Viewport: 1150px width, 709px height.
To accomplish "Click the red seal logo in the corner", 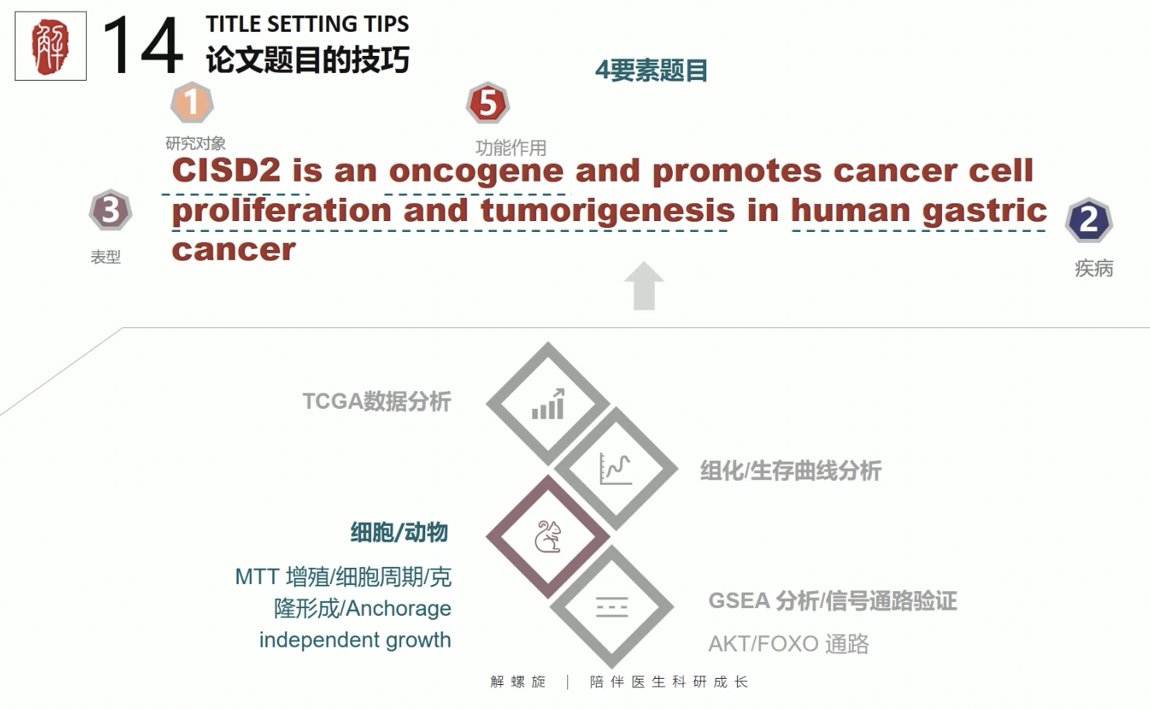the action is [50, 47].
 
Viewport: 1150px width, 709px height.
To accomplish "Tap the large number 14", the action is [142, 46].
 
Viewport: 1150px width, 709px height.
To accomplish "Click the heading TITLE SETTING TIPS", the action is [307, 24].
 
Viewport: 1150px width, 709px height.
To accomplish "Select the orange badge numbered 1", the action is [192, 102].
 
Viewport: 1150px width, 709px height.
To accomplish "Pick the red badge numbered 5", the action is [487, 102].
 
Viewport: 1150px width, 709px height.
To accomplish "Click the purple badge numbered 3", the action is [110, 210].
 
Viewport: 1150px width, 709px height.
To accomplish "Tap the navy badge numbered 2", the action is [1089, 220].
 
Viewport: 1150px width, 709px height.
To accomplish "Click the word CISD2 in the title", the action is [227, 170].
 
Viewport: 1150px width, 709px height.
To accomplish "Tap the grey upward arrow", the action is [644, 286].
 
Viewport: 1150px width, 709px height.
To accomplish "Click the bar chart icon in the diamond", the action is [549, 404].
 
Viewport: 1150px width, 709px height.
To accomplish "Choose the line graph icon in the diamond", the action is [615, 469].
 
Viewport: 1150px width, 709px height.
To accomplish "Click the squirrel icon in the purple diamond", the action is [548, 537].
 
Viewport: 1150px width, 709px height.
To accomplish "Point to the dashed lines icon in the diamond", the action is [612, 607].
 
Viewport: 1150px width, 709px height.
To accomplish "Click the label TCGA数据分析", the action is [377, 402].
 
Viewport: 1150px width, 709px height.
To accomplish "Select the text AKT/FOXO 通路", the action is [788, 644].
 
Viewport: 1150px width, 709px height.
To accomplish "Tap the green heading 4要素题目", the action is [652, 71].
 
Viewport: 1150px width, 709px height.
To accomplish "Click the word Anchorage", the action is [398, 609].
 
